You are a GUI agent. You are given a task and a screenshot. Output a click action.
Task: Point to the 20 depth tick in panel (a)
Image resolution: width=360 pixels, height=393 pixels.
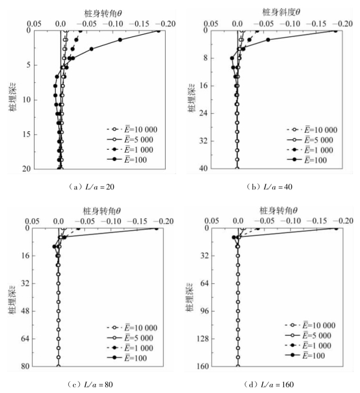click(x=28, y=169)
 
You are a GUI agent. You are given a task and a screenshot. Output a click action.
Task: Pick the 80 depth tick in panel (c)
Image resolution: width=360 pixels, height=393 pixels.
click(x=27, y=366)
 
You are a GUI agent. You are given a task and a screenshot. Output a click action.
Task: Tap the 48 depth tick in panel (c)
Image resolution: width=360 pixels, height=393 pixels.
click(x=27, y=311)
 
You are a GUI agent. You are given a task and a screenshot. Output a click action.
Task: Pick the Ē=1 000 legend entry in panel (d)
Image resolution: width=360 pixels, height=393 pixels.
click(x=311, y=344)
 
